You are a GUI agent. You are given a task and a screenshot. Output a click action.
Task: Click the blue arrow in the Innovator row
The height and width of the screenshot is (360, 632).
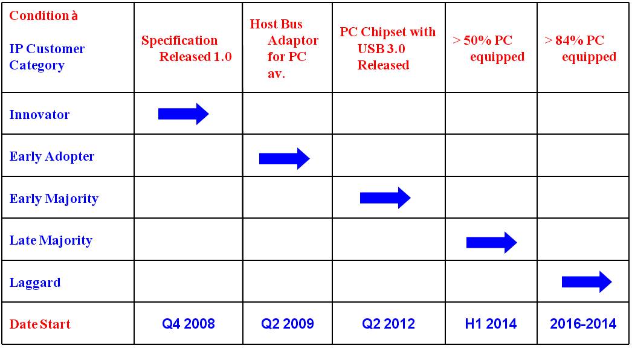pyautogui.click(x=184, y=114)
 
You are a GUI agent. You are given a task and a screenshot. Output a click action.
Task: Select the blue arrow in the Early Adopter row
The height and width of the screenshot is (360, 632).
pyautogui.click(x=284, y=158)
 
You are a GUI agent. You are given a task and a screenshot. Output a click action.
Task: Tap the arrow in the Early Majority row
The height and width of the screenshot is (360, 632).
pyautogui.click(x=385, y=198)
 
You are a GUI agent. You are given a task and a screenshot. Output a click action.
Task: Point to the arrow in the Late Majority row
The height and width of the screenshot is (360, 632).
pyautogui.click(x=491, y=242)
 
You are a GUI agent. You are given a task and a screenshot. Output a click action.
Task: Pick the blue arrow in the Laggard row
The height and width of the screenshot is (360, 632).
pyautogui.click(x=587, y=281)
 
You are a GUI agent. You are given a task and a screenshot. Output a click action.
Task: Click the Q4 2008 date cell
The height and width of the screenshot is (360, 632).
pyautogui.click(x=189, y=324)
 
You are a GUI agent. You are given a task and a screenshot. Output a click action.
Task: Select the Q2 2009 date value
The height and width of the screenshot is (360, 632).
pyautogui.click(x=288, y=324)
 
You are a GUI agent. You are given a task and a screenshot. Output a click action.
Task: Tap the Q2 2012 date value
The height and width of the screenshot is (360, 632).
pyautogui.click(x=388, y=324)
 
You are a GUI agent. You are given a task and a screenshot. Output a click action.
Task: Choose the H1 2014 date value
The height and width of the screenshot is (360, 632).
pyautogui.click(x=491, y=324)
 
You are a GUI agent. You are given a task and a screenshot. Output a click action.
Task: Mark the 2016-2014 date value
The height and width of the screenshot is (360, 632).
pyautogui.click(x=583, y=324)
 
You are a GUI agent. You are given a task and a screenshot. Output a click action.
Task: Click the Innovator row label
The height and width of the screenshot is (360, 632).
pyautogui.click(x=39, y=115)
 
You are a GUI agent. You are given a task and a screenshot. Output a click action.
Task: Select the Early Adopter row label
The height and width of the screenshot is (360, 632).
pyautogui.click(x=51, y=156)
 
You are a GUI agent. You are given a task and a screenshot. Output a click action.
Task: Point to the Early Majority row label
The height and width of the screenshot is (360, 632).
pyautogui.click(x=54, y=199)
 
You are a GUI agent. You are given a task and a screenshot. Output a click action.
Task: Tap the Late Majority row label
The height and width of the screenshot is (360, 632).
pyautogui.click(x=51, y=240)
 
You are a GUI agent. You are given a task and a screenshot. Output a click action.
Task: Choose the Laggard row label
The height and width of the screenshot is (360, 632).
pyautogui.click(x=35, y=283)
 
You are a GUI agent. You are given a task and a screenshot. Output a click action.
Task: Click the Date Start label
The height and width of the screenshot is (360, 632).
pyautogui.click(x=40, y=324)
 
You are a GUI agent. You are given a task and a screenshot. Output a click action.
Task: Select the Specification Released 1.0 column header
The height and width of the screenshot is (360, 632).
pyautogui.click(x=186, y=48)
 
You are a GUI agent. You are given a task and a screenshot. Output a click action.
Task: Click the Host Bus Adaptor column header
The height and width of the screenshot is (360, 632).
pyautogui.click(x=284, y=48)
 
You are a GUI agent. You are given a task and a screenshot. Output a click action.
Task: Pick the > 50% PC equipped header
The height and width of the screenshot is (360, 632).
pyautogui.click(x=489, y=48)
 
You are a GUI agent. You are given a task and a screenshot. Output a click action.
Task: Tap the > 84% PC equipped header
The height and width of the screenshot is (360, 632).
pyautogui.click(x=581, y=48)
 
